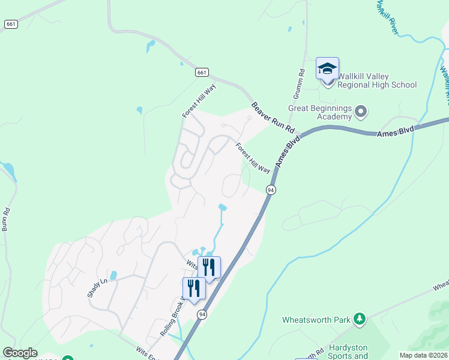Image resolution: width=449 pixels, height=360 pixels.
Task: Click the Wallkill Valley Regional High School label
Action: pyautogui.click(x=376, y=80)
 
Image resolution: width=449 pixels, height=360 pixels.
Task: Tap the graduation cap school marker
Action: pyautogui.click(x=328, y=68)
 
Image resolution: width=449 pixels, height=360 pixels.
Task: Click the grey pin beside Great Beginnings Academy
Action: pyautogui.click(x=361, y=111)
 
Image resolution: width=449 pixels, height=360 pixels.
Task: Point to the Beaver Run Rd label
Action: pyautogui.click(x=273, y=118)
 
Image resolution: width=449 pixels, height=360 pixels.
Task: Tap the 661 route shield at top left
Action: pyautogui.click(x=10, y=24)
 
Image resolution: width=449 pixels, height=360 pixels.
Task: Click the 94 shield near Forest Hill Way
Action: pyautogui.click(x=271, y=190)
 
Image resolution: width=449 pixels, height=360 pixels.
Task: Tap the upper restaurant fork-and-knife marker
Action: pyautogui.click(x=209, y=267)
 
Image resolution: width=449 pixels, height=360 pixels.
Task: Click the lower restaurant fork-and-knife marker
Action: pyautogui.click(x=194, y=288)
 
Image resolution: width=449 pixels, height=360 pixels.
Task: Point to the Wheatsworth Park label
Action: pyautogui.click(x=316, y=320)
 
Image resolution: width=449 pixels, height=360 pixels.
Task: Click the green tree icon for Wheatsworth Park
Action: pyautogui.click(x=360, y=319)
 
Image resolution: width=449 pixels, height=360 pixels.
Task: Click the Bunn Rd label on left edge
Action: pyautogui.click(x=6, y=220)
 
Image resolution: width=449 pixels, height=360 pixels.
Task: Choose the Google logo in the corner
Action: pyautogui.click(x=20, y=353)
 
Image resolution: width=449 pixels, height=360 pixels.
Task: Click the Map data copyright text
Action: pyautogui.click(x=423, y=355)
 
